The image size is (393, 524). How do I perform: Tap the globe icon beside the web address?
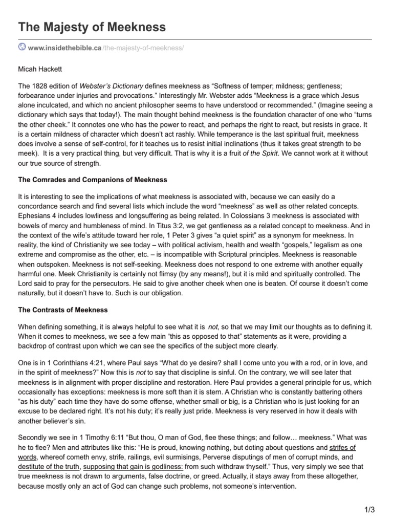[22, 47]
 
